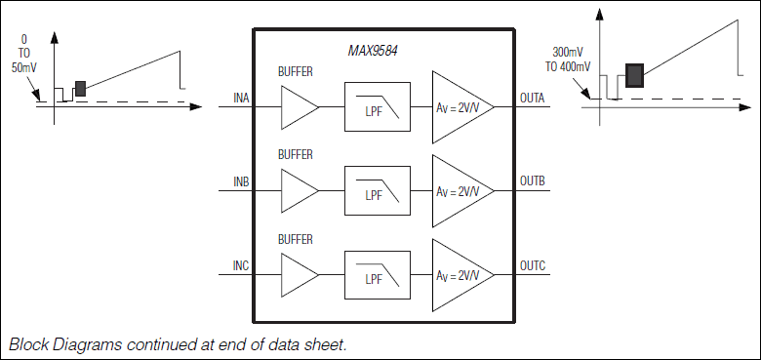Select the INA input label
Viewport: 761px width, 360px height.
coord(241,98)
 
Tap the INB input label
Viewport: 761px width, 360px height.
coord(241,181)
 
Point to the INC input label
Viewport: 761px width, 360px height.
coord(241,265)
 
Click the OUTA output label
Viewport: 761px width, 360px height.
coord(534,98)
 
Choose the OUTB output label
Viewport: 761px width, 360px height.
coord(534,181)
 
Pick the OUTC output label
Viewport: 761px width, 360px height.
coord(534,265)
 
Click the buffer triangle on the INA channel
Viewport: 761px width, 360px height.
coord(297,106)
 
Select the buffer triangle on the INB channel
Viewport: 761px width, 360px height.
coord(297,190)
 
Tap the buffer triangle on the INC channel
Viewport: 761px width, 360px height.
coord(297,274)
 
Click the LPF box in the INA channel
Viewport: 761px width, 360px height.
coord(377,106)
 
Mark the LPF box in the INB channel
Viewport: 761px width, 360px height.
coord(377,190)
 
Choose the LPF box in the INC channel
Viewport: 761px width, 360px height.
coord(377,274)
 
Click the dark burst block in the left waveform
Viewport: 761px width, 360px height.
coord(81,89)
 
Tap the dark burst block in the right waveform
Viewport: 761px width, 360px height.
coord(634,74)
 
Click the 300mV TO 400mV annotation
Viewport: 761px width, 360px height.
coord(570,60)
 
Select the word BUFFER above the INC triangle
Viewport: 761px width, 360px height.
coord(295,239)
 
